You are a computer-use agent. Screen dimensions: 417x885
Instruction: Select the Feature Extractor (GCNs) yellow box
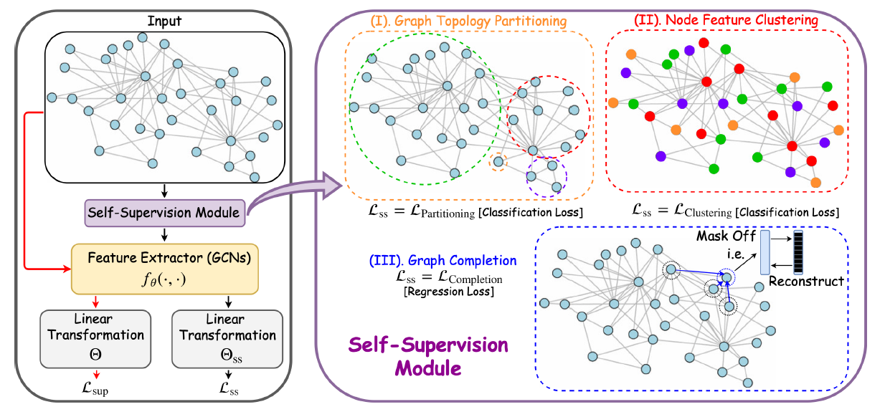(164, 268)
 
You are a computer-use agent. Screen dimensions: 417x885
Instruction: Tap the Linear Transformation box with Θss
(227, 335)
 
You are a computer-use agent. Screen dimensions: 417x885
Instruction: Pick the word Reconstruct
(806, 282)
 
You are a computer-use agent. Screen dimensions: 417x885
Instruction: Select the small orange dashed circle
(498, 163)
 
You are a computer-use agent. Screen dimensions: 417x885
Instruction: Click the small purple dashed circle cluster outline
(546, 176)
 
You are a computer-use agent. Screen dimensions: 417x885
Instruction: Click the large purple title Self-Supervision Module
(428, 357)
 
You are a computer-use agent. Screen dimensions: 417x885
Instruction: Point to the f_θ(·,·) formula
(164, 281)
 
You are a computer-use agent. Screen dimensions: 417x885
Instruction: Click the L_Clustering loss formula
(734, 211)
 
